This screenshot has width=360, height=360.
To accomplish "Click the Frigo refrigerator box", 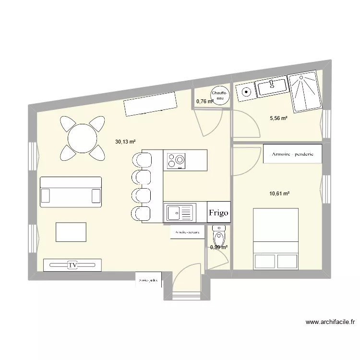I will (218, 212).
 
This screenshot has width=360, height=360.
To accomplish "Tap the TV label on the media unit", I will (72, 265).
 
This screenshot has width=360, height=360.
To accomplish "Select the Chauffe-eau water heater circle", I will (219, 95).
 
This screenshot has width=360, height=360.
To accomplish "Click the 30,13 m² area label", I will (125, 142).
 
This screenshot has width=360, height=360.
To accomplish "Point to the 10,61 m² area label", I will (279, 193).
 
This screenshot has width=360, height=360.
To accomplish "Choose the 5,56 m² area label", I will (278, 118).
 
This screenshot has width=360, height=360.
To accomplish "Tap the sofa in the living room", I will (71, 192).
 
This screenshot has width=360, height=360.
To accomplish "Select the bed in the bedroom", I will (276, 239).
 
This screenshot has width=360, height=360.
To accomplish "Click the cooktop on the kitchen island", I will (176, 160).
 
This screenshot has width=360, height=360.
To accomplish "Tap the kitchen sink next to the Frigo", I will (180, 211).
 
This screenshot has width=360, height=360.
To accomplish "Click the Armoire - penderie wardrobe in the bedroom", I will (292, 155).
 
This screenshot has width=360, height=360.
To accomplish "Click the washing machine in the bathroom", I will (246, 91).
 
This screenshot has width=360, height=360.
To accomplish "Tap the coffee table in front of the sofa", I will (71, 232).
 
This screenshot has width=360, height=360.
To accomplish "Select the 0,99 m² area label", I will (218, 247).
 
